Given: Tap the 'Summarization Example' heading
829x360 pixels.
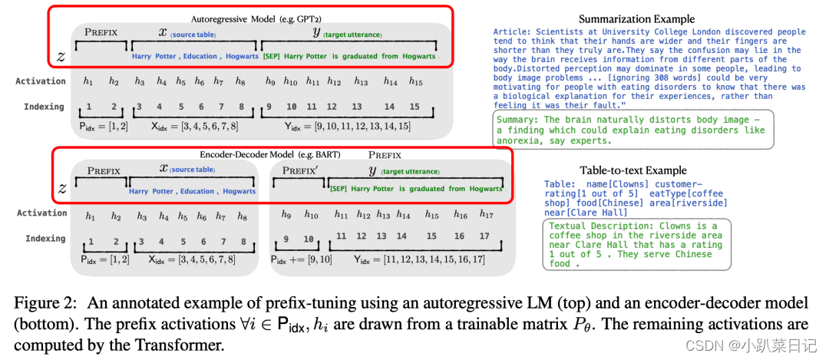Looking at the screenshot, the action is (636, 19).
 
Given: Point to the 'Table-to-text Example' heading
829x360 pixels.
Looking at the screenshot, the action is (633, 170).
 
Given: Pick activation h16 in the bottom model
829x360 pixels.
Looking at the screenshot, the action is (460, 215).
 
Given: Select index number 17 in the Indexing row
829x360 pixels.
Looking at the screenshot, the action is (484, 236).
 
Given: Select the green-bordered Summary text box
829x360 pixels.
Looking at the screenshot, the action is (633, 130).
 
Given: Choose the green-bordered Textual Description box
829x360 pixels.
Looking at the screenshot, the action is (636, 245).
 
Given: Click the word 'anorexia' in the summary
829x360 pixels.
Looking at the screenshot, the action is (521, 141).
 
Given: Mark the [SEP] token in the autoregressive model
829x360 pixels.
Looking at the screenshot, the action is (272, 57).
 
